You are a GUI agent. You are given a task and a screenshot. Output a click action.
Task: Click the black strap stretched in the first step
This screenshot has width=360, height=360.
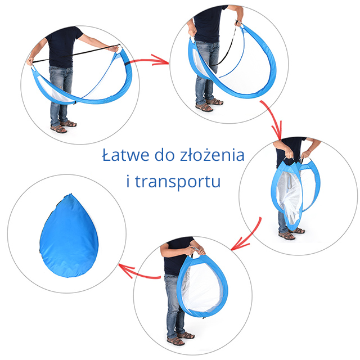point(76,54)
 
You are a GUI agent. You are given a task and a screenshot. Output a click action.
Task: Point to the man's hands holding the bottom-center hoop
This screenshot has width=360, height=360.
point(198,251)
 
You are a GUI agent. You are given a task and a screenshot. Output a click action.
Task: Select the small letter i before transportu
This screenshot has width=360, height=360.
point(128,182)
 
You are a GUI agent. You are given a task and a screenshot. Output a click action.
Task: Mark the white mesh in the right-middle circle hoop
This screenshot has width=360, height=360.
point(289,197)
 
